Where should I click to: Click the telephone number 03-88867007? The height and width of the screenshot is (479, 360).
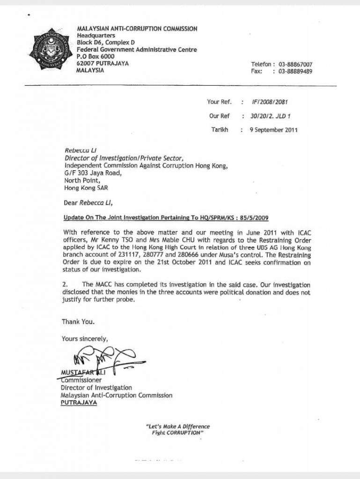click(x=295, y=65)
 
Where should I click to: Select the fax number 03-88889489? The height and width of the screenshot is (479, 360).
click(x=295, y=72)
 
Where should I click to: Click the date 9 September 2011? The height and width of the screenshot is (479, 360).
click(x=273, y=130)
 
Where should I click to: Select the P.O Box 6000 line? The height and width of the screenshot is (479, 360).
click(x=95, y=57)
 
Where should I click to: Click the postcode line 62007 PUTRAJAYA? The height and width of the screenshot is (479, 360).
click(x=103, y=64)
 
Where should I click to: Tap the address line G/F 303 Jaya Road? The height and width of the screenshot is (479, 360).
click(x=93, y=173)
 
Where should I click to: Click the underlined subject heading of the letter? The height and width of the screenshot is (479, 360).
click(x=166, y=218)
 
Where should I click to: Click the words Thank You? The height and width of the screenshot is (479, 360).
click(x=78, y=322)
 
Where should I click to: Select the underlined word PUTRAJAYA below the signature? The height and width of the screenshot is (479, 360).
click(x=79, y=403)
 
